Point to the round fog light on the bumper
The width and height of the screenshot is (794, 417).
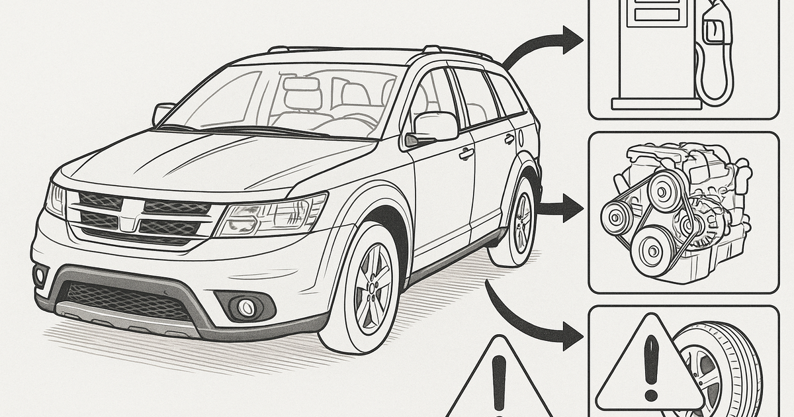(247, 306)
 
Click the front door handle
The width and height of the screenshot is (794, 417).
(467, 154)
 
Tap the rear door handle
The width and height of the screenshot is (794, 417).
(509, 139)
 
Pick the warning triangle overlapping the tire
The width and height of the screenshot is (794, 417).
(648, 367)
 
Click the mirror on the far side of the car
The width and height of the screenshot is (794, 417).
(163, 112)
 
